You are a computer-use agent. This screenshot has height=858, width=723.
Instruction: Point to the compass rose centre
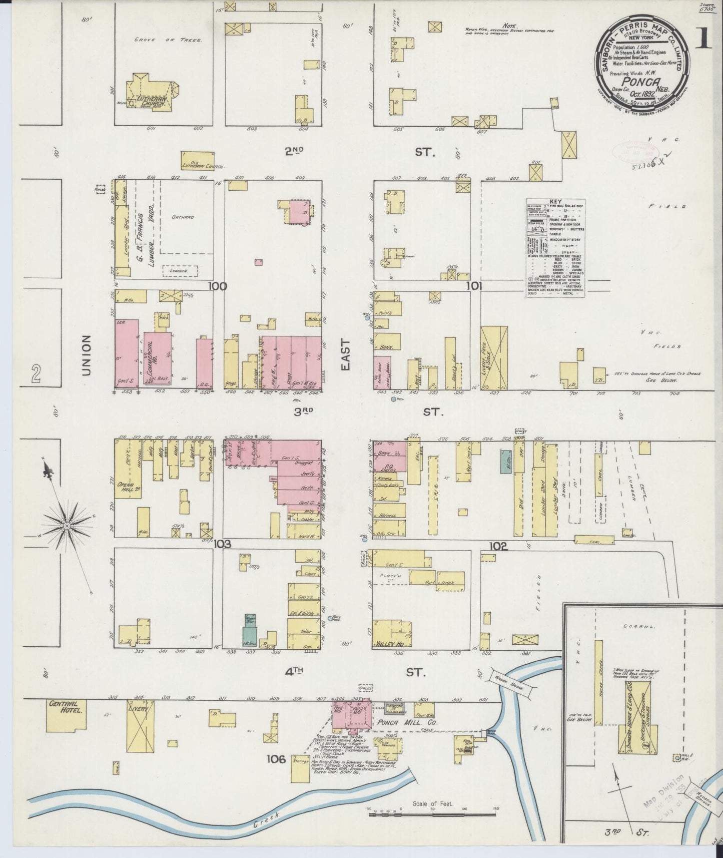tap(67, 526)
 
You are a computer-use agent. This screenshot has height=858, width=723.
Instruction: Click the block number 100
tap(218, 286)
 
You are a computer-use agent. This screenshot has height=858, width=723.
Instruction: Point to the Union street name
tap(87, 355)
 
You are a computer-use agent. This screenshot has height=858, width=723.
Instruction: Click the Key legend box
tap(555, 248)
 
